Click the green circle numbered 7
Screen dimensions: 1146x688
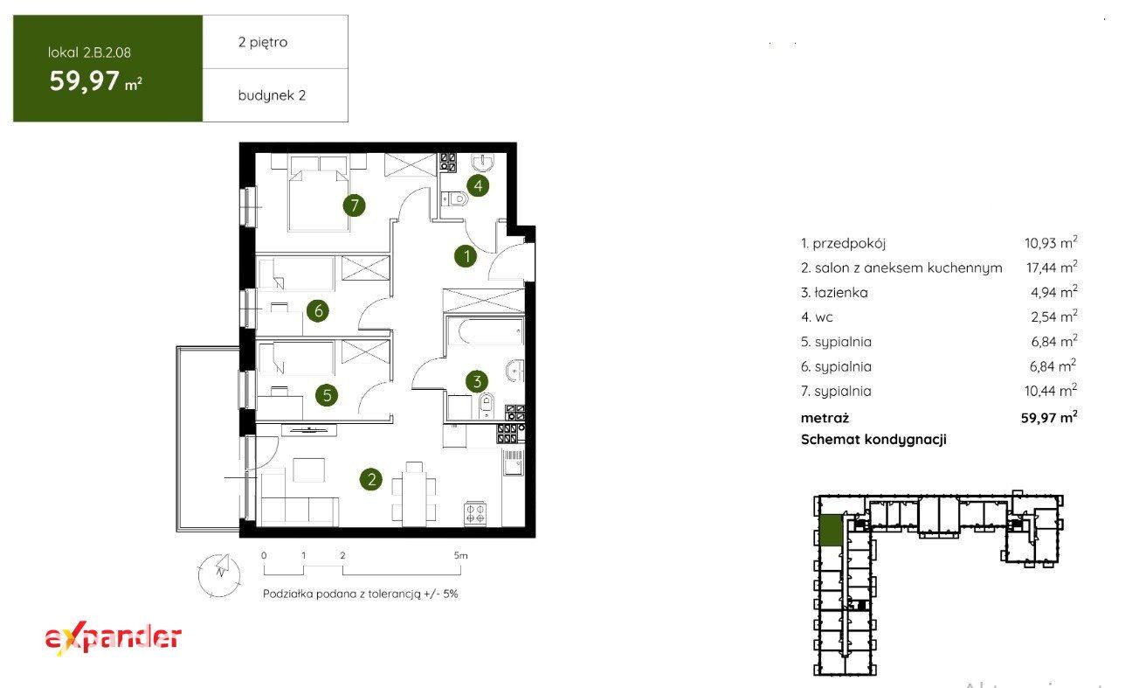(354, 205)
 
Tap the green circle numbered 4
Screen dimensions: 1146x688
(478, 185)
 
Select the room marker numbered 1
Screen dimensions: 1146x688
(466, 256)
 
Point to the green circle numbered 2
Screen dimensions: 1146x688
(371, 479)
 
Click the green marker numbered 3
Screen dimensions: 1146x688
(477, 381)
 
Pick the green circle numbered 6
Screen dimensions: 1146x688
(318, 310)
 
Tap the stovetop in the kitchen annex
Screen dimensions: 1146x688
(475, 513)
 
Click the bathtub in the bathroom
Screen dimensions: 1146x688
(485, 330)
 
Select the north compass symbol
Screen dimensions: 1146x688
(219, 575)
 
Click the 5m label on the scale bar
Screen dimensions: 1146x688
(460, 555)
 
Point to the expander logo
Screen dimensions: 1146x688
(113, 639)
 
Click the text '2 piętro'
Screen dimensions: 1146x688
(262, 42)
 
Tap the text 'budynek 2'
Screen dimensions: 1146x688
(272, 95)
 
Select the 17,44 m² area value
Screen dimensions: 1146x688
(1052, 267)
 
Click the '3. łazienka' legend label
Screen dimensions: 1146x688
(834, 292)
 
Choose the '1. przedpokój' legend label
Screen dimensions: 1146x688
(843, 243)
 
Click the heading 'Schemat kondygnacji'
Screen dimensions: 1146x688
(873, 439)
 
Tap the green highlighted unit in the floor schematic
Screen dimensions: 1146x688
(831, 531)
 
